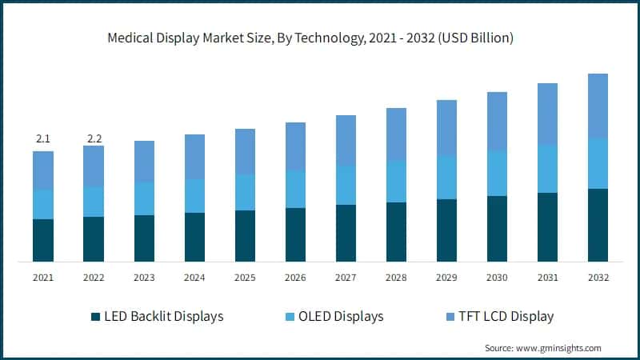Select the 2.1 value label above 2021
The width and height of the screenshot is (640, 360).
pyautogui.click(x=43, y=140)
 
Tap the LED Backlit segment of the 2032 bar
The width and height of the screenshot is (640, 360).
pyautogui.click(x=598, y=225)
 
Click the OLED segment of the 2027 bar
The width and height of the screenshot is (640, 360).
pyautogui.click(x=346, y=185)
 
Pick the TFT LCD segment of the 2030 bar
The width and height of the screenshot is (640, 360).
pyautogui.click(x=497, y=121)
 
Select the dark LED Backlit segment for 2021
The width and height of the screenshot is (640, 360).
pyautogui.click(x=43, y=240)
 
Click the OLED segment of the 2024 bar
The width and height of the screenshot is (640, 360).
pyautogui.click(x=194, y=196)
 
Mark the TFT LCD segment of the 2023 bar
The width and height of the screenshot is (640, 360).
pyautogui.click(x=144, y=162)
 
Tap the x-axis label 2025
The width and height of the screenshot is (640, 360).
pyautogui.click(x=245, y=278)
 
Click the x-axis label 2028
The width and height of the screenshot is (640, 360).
pyautogui.click(x=396, y=278)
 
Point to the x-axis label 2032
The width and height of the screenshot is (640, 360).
pyautogui.click(x=598, y=278)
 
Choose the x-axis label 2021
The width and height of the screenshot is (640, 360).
pyautogui.click(x=43, y=278)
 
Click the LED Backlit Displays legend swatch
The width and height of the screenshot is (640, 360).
pyautogui.click(x=95, y=316)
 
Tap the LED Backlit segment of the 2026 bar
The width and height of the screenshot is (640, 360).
pyautogui.click(x=295, y=234)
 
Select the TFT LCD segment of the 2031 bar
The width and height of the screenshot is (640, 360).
pyautogui.click(x=547, y=114)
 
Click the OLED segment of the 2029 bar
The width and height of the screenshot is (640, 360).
pyautogui.click(x=446, y=178)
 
